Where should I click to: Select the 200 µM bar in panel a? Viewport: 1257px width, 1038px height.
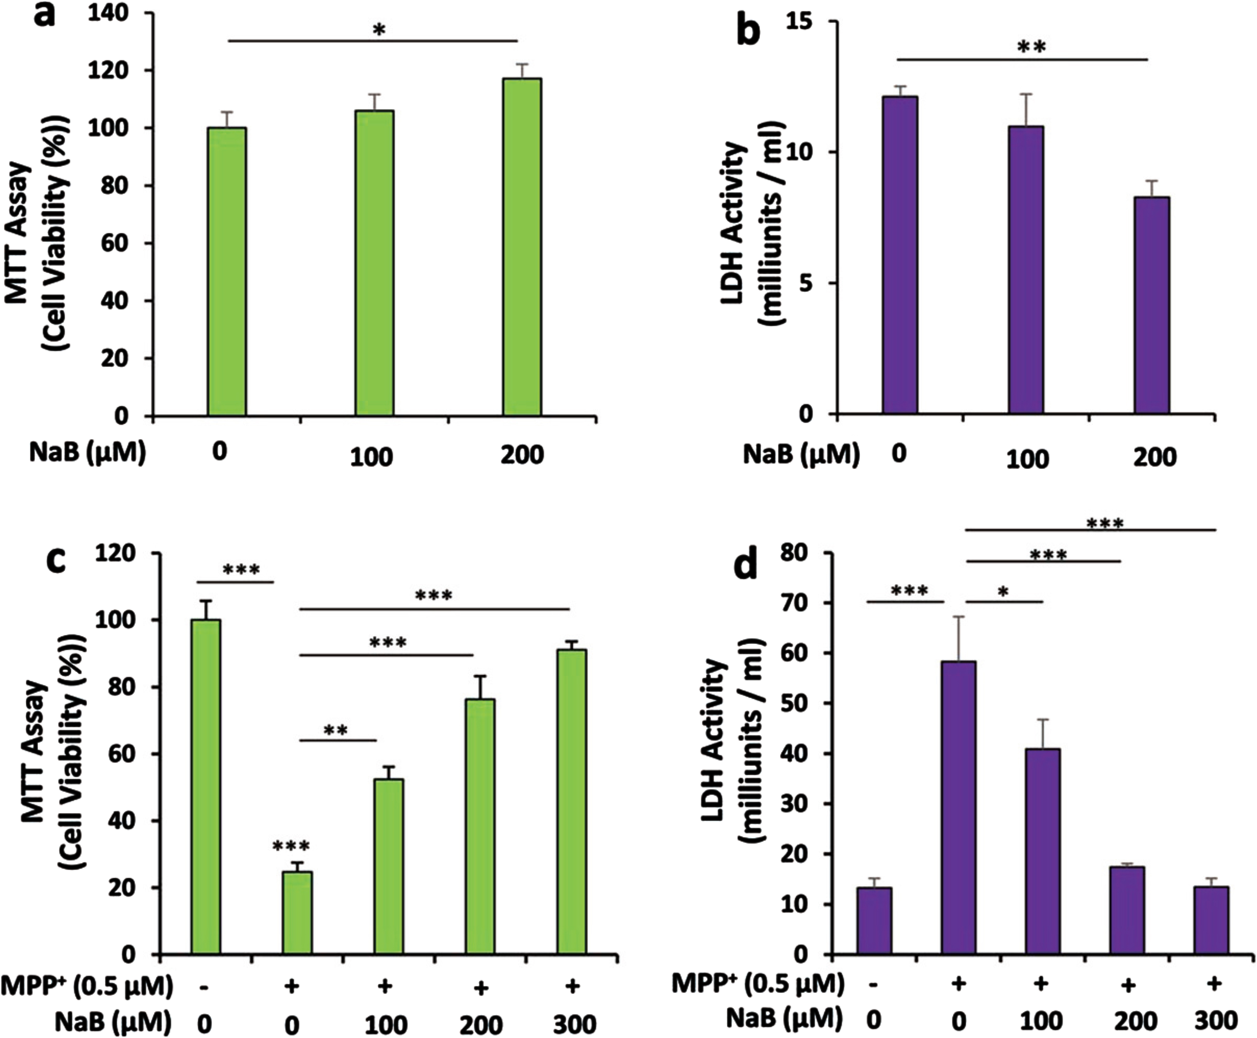point(522,247)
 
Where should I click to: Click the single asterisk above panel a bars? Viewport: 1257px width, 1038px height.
point(378,30)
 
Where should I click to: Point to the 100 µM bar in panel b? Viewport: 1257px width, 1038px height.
point(1026,270)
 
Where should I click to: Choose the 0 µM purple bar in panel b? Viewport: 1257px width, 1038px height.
point(900,255)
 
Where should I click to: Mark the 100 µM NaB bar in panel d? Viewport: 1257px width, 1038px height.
point(1043,851)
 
